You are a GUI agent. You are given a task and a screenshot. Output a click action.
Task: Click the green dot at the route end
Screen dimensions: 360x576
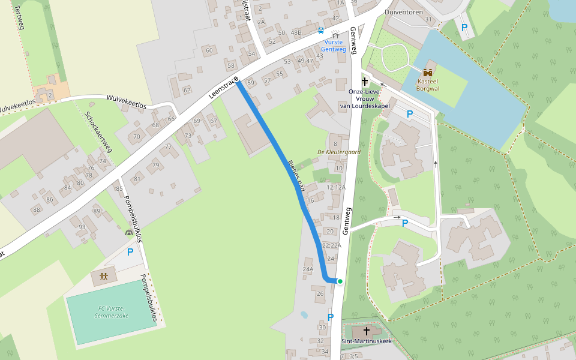point(340,281)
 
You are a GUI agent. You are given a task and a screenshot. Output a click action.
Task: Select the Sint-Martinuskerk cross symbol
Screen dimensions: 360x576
point(366,331)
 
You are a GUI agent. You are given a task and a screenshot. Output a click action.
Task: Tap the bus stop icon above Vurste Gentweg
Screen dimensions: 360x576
point(321,30)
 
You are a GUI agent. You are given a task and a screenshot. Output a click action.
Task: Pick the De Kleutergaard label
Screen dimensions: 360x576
point(339,152)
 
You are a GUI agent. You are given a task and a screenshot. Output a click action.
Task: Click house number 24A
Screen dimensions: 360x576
point(308,269)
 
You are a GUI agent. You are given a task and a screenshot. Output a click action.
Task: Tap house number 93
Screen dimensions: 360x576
point(82,226)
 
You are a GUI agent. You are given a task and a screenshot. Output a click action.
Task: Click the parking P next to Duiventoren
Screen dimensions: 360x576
point(464,27)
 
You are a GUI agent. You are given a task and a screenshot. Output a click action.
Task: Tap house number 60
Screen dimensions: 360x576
point(209,50)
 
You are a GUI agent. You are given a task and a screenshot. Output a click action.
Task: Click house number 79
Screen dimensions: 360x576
point(155,166)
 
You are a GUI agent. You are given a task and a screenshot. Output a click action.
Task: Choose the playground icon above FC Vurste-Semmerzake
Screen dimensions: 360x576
point(104,277)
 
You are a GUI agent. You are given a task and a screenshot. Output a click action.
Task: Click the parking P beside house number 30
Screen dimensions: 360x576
point(330,317)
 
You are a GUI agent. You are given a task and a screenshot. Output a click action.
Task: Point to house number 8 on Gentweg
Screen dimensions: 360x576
point(335,144)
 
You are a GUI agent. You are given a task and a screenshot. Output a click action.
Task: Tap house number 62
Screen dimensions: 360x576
point(187,91)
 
